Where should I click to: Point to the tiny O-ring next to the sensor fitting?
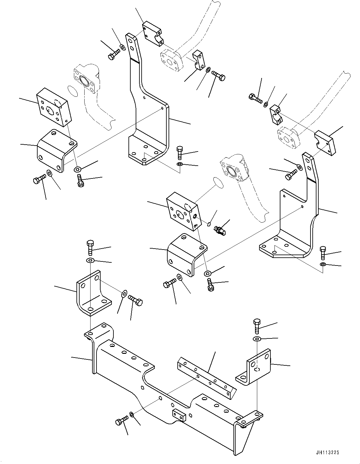pyautogui.click(x=209, y=223)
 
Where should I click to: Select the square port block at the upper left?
pyautogui.click(x=54, y=107)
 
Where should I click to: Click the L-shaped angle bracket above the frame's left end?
pyautogui.click(x=92, y=293)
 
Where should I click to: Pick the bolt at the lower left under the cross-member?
pyautogui.click(x=122, y=420)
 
